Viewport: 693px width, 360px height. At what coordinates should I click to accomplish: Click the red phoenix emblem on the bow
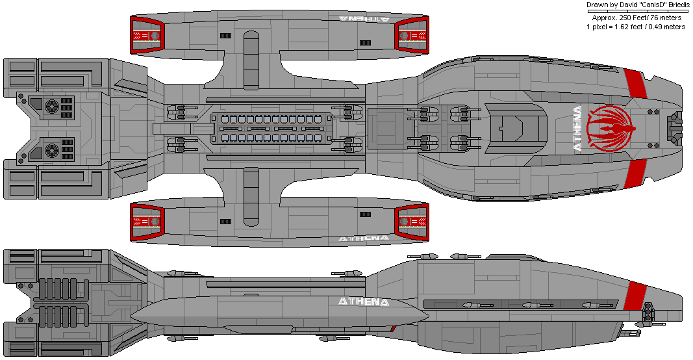[611, 128]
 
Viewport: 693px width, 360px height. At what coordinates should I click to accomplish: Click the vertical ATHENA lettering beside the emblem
[577, 129]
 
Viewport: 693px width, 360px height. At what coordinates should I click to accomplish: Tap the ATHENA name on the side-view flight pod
[363, 302]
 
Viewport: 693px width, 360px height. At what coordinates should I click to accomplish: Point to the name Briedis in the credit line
[671, 5]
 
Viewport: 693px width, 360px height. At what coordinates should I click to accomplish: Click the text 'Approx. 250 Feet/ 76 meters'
[636, 18]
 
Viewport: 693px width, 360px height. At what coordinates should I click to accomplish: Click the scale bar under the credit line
[637, 11]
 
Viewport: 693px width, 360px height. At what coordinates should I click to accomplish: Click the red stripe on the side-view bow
[635, 296]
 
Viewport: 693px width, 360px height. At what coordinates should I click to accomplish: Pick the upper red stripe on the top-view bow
[635, 84]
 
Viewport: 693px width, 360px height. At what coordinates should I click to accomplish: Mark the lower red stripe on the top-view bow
[635, 174]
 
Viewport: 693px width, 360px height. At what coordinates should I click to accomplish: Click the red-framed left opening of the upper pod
[147, 35]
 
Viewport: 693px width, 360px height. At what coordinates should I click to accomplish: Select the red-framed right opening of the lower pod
[412, 222]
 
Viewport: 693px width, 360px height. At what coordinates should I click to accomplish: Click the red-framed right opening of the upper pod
[412, 35]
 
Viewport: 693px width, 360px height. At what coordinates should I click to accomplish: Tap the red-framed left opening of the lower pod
[147, 222]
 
